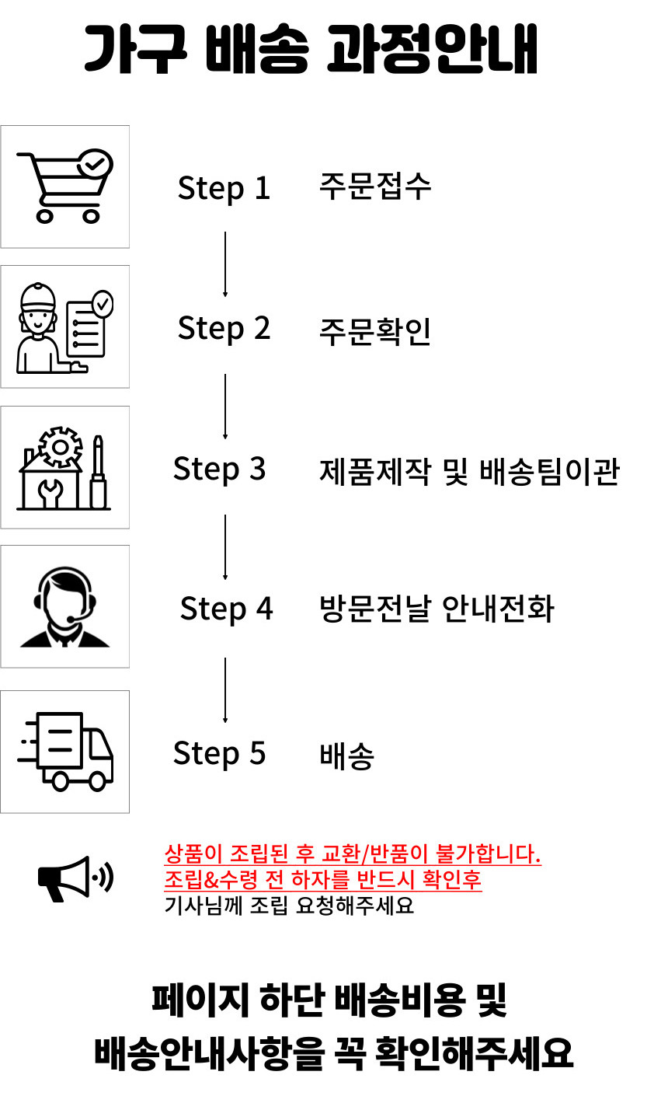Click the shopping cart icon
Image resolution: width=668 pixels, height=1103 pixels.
click(x=65, y=186)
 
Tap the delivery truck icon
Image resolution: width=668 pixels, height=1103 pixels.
click(x=65, y=752)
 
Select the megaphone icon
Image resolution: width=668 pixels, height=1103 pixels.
click(x=76, y=878)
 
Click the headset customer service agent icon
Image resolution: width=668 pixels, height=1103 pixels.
click(x=65, y=606)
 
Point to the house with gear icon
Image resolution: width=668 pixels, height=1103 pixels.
click(x=64, y=468)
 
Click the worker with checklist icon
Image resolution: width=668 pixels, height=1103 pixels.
click(x=65, y=328)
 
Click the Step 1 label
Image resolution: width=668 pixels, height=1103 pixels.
click(x=224, y=189)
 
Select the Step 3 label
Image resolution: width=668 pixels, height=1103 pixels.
click(x=219, y=469)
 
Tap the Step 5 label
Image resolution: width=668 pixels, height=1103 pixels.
click(x=219, y=753)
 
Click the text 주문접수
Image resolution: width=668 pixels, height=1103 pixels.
click(x=375, y=187)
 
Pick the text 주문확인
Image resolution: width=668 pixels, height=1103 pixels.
click(x=375, y=331)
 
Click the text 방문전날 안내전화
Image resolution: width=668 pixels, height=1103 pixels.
click(x=437, y=609)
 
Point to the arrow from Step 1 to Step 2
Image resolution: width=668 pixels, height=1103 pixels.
click(x=225, y=264)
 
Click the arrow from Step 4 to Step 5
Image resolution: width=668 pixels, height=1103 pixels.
click(x=225, y=690)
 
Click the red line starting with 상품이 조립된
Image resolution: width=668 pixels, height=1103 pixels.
click(x=353, y=854)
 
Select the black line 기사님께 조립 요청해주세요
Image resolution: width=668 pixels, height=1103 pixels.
click(x=289, y=906)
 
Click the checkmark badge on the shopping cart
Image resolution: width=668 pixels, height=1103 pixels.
click(x=96, y=163)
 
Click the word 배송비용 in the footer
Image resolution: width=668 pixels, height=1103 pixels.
click(x=400, y=1000)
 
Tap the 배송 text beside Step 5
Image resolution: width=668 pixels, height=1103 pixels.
click(x=346, y=756)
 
